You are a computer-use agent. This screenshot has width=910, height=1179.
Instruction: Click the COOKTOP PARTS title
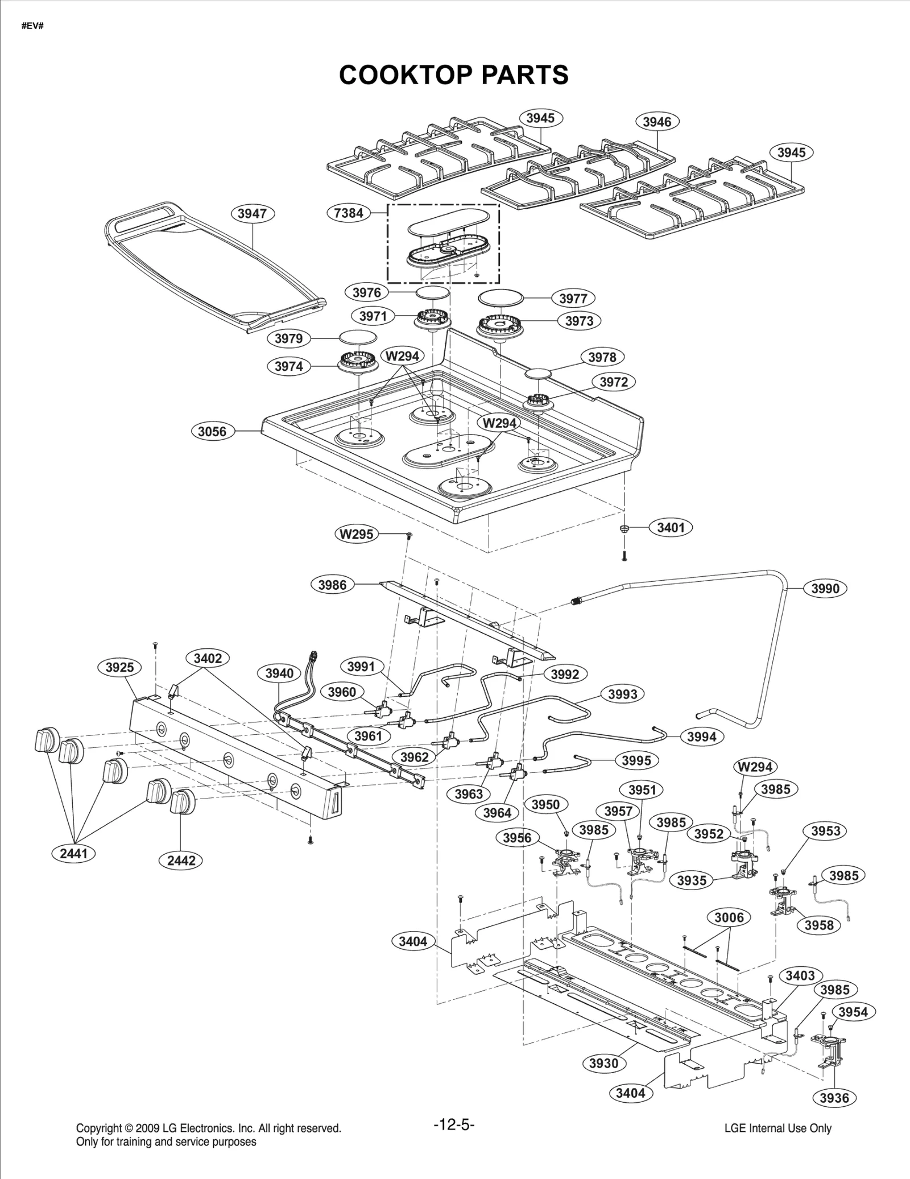click(453, 75)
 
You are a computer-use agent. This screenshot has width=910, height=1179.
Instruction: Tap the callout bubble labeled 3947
click(252, 213)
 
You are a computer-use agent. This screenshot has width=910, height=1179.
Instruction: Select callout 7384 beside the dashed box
click(349, 213)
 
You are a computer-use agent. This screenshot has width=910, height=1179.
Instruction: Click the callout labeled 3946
click(657, 122)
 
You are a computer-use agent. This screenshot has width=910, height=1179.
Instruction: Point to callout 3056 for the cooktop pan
click(212, 431)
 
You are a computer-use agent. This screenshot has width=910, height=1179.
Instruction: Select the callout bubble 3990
click(825, 589)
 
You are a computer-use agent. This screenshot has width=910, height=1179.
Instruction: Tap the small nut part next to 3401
click(624, 528)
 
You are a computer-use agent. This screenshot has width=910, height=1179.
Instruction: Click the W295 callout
click(357, 534)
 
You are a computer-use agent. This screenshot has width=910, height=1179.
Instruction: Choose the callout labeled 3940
click(279, 673)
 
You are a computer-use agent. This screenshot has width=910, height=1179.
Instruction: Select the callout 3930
click(603, 1063)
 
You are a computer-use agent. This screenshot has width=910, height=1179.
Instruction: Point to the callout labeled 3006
click(729, 917)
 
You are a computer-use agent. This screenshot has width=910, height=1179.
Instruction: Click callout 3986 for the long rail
click(332, 585)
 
